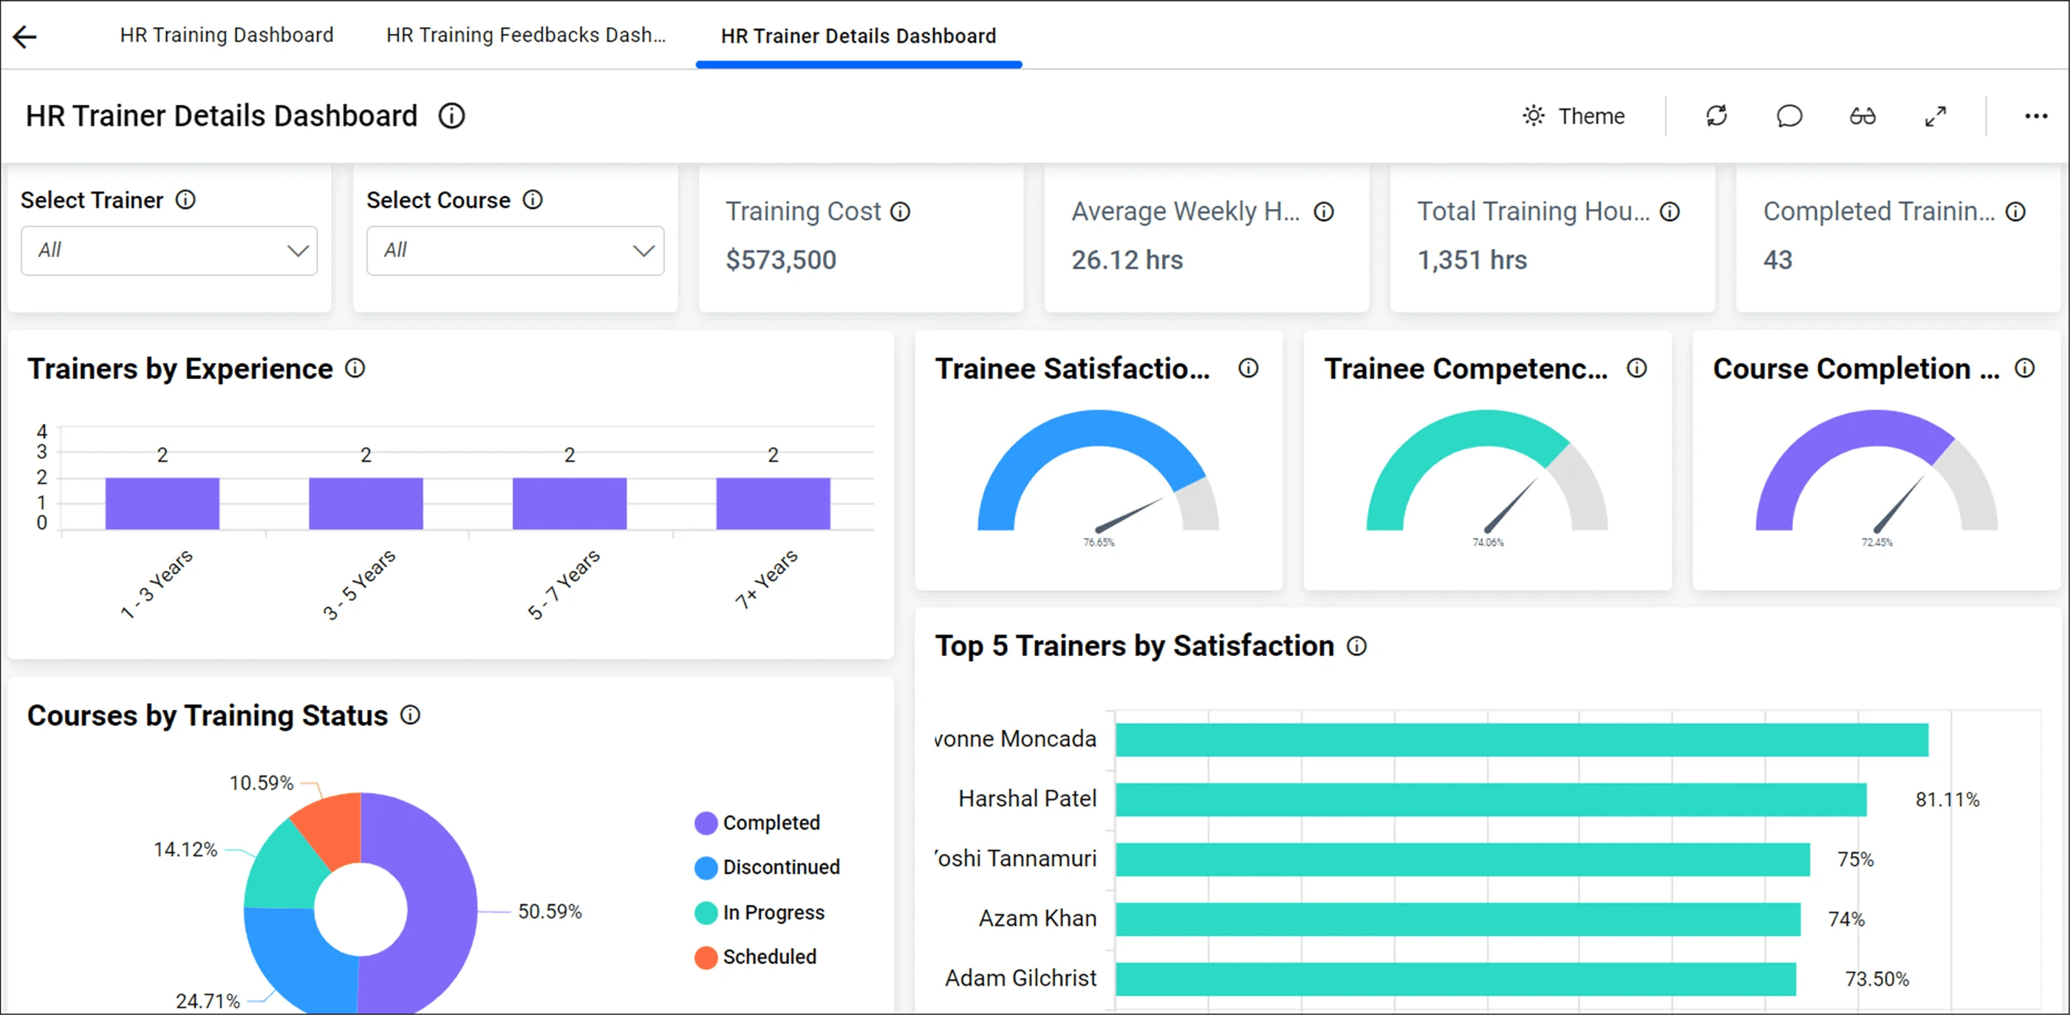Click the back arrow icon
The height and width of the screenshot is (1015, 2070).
pyautogui.click(x=25, y=36)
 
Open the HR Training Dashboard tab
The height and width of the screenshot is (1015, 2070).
pyautogui.click(x=227, y=35)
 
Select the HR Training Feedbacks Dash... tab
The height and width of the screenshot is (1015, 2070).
pyautogui.click(x=525, y=35)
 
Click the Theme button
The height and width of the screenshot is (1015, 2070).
pyautogui.click(x=1574, y=117)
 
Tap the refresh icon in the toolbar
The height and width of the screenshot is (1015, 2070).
pyautogui.click(x=1716, y=117)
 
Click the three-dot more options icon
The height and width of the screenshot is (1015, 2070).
pyautogui.click(x=2035, y=117)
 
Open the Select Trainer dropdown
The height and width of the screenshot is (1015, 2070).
pyautogui.click(x=168, y=250)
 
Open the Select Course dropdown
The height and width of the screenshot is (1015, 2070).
pyautogui.click(x=515, y=250)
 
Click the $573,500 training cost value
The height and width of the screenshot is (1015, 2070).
pyautogui.click(x=780, y=260)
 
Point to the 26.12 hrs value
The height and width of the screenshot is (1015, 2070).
pyautogui.click(x=1127, y=260)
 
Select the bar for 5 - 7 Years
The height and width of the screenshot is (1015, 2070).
pyautogui.click(x=569, y=503)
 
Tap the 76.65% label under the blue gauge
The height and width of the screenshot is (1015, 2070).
pyautogui.click(x=1099, y=542)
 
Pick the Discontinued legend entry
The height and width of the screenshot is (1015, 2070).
pyautogui.click(x=780, y=867)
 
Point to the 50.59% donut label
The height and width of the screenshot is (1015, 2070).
pyautogui.click(x=550, y=912)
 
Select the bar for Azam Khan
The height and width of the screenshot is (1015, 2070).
pyautogui.click(x=1457, y=920)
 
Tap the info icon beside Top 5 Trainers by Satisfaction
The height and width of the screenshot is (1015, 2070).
pyautogui.click(x=1356, y=646)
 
